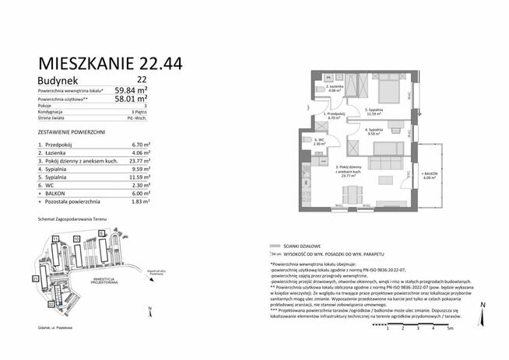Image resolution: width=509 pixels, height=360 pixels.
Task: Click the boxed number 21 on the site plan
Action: (35, 278)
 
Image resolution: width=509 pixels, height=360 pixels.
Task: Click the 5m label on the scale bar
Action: (449, 329)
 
